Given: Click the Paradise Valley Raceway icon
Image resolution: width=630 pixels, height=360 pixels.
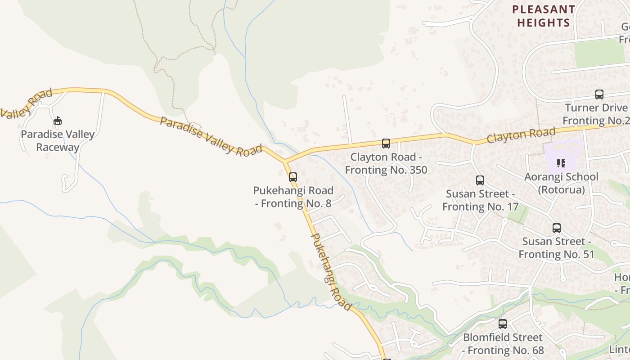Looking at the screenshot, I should [x=58, y=121].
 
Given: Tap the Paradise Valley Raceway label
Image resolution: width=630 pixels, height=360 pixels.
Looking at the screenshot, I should [x=58, y=141].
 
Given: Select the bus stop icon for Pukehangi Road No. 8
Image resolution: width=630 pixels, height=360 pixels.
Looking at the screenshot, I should [x=293, y=177].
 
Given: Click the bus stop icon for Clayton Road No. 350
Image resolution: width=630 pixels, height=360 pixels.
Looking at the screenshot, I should [x=386, y=144].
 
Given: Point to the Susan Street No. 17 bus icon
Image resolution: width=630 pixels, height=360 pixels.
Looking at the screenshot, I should [x=480, y=180].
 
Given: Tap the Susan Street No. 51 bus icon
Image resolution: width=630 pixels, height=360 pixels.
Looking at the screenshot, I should [x=557, y=228].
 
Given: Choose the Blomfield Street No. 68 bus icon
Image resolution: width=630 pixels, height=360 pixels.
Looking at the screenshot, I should [x=503, y=324].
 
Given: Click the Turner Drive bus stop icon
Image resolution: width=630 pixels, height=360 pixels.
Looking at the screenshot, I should [x=599, y=94].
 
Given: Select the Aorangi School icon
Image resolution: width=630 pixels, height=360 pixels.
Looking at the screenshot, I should [x=561, y=163].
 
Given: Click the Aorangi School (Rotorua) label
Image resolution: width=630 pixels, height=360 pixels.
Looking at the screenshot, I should [x=562, y=183].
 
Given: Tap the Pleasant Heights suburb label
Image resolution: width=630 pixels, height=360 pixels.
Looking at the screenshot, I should [x=544, y=16].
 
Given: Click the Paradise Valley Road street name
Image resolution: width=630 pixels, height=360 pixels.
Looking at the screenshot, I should [x=211, y=136].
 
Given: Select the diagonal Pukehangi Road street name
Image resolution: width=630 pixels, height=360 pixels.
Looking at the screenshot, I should [x=331, y=272].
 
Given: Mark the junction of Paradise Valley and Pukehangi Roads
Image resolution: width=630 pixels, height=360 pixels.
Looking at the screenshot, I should [x=284, y=161].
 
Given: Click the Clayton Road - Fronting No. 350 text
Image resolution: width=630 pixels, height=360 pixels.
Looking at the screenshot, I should [x=386, y=163].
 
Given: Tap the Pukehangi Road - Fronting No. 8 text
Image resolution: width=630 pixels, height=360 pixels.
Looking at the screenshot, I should [x=293, y=197].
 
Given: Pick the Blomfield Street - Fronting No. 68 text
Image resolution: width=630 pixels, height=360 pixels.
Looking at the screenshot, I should [x=503, y=343].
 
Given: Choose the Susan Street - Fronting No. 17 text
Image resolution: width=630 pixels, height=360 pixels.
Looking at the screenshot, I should [x=480, y=200].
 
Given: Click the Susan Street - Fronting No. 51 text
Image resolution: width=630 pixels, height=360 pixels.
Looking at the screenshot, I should [x=557, y=248].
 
